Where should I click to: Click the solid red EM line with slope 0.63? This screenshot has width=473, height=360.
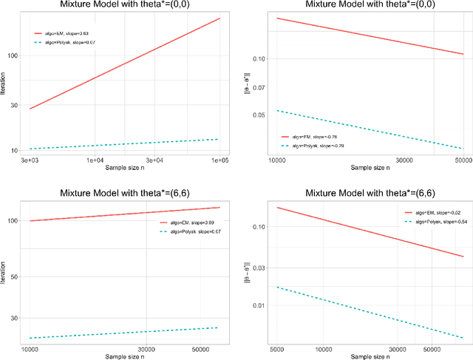pos(126,63)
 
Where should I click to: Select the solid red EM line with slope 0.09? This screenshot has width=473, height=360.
pos(126,214)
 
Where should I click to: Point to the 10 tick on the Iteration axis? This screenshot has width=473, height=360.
pos(14,150)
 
